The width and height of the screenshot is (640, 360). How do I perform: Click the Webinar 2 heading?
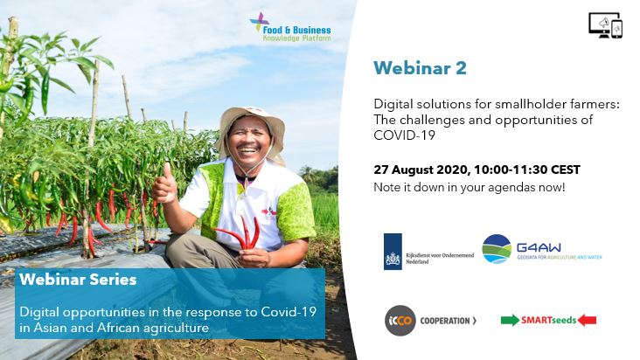pyautogui.click(x=420, y=68)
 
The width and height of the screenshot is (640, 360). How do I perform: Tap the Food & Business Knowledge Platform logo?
pyautogui.click(x=290, y=27)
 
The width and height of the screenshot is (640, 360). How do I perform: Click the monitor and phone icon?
pyautogui.click(x=606, y=25)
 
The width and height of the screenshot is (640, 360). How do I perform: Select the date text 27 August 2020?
pyautogui.click(x=422, y=170)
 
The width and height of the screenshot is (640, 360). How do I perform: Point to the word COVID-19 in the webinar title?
pyautogui.click(x=405, y=135)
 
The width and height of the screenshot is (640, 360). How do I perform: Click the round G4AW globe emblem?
pyautogui.click(x=497, y=249)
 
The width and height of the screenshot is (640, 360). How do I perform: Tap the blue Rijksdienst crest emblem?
pyautogui.click(x=393, y=252)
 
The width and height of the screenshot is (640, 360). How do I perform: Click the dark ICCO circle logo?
pyautogui.click(x=400, y=321)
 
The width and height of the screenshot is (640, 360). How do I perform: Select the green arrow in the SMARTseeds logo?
pyautogui.click(x=510, y=320)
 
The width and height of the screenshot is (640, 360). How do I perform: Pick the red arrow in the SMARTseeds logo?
pyautogui.click(x=587, y=320)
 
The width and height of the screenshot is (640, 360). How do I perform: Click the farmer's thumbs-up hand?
pyautogui.click(x=164, y=184)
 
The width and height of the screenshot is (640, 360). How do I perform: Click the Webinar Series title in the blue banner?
pyautogui.click(x=78, y=280)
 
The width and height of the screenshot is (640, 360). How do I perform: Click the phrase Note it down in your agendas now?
pyautogui.click(x=470, y=188)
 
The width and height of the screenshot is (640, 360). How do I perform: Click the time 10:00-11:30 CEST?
pyautogui.click(x=527, y=170)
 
